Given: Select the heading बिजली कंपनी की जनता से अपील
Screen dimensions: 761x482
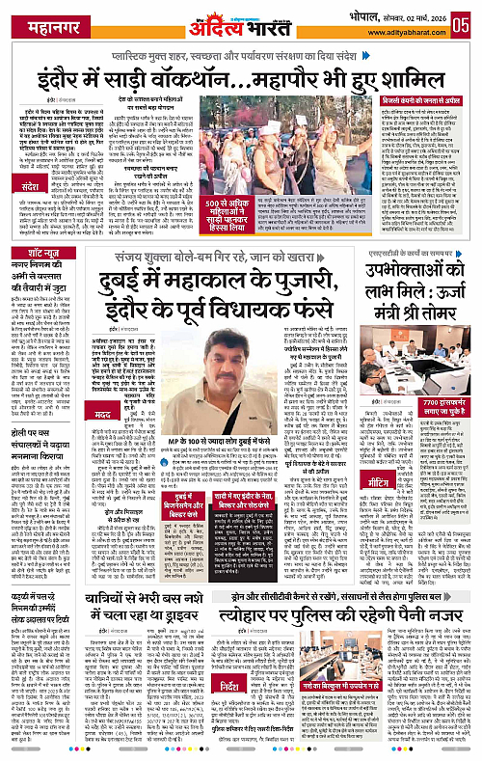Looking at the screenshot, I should tap(425, 99).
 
